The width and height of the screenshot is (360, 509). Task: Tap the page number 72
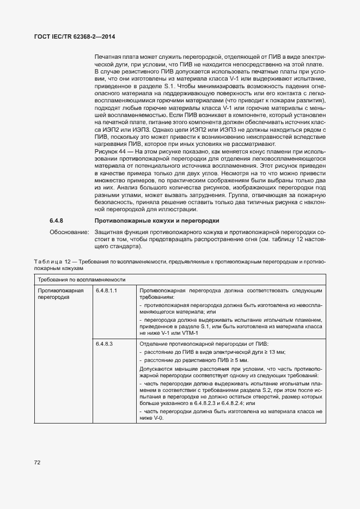pyautogui.click(x=38, y=463)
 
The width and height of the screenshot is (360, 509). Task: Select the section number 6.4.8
pyautogui.click(x=57, y=221)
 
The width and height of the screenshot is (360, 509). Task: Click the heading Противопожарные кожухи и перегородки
pyautogui.click(x=157, y=221)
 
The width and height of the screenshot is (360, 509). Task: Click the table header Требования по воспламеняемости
pyautogui.click(x=74, y=279)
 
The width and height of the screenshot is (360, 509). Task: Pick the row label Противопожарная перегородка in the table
pyautogui.click(x=60, y=295)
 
